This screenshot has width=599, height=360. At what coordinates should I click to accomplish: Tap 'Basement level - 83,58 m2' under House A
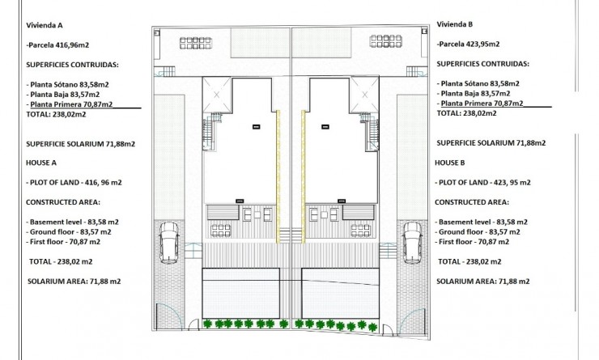point(73,221)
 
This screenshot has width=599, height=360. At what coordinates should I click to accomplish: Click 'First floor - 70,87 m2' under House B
point(478,241)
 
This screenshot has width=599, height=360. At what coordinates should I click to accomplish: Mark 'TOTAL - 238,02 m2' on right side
point(469,261)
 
